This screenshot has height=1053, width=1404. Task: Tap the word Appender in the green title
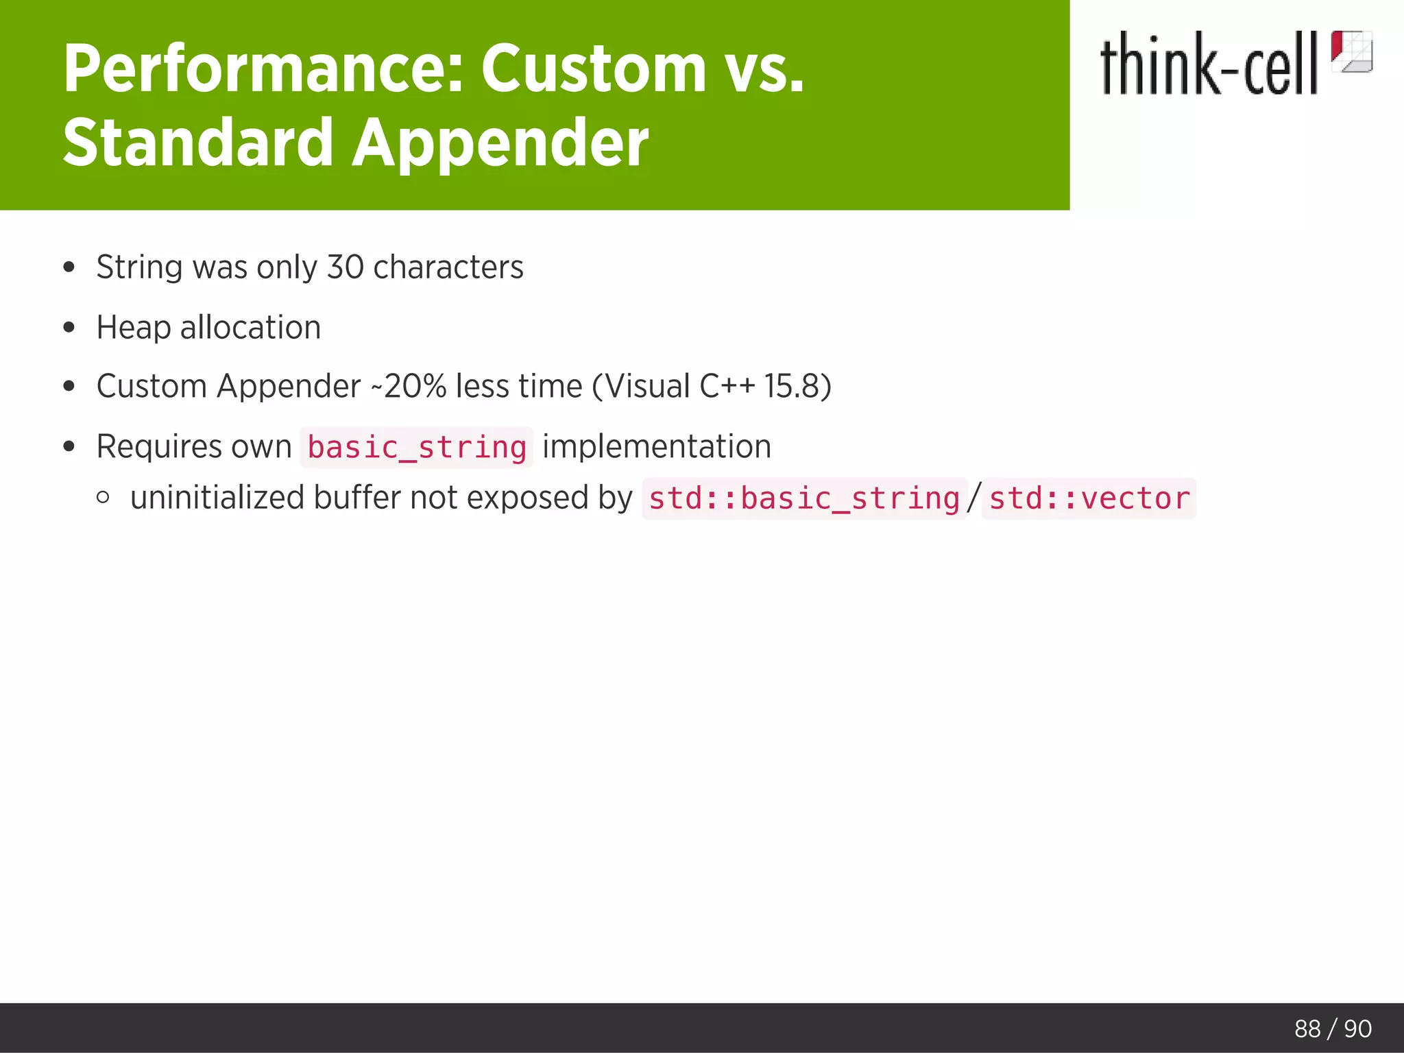click(x=500, y=143)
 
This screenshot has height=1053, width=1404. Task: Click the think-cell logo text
click(x=1208, y=64)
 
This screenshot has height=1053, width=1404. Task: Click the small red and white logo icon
click(x=1351, y=51)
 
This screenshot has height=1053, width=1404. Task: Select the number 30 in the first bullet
click(x=345, y=267)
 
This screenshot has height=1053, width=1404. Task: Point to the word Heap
click(x=134, y=328)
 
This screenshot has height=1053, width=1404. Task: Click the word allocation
click(x=250, y=328)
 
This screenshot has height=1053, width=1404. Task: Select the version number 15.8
click(x=792, y=387)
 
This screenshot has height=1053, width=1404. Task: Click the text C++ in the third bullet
click(x=727, y=387)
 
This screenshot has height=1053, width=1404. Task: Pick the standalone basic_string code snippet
click(x=416, y=448)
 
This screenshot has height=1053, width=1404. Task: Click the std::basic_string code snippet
click(x=803, y=498)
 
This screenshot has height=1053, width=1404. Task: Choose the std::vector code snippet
click(x=1089, y=498)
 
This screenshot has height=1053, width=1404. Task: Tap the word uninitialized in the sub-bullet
click(x=217, y=498)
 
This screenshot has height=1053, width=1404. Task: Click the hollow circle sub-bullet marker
click(x=103, y=498)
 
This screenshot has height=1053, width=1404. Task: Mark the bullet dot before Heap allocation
click(x=69, y=328)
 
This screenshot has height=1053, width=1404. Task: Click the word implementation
click(x=656, y=447)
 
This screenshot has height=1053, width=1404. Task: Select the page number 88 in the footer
click(x=1307, y=1029)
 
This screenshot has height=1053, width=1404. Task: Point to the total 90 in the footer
click(x=1357, y=1029)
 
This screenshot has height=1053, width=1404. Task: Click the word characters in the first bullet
click(x=448, y=267)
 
